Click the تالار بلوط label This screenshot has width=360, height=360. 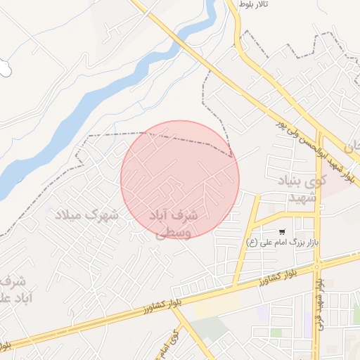tap(255, 5)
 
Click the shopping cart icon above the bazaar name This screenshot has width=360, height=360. tap(282, 232)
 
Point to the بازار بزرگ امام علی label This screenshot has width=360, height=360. tap(288, 243)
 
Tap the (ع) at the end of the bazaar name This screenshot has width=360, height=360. tap(251, 243)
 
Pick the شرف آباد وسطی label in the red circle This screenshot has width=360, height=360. tap(174, 222)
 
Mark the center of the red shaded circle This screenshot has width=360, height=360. tap(180, 179)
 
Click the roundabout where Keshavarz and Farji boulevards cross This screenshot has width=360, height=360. tap(318, 266)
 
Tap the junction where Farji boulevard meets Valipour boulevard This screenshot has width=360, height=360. tap(319, 132)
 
